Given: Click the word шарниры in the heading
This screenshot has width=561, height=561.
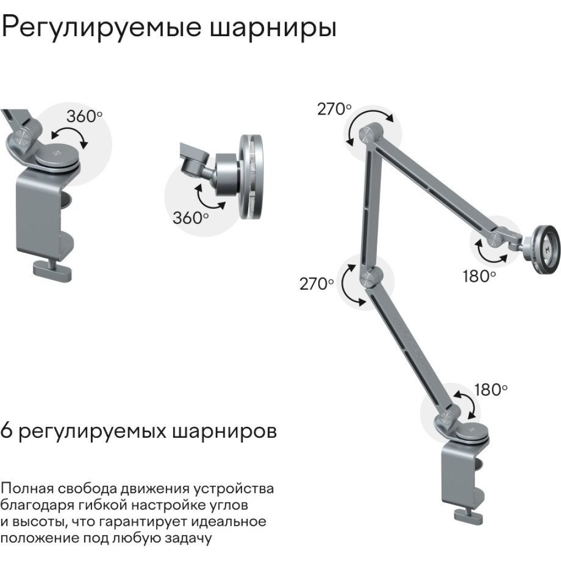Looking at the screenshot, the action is [273, 28].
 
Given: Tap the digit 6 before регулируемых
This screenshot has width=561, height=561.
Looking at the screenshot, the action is [7, 430].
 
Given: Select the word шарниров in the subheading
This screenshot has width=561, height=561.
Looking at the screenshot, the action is [225, 432].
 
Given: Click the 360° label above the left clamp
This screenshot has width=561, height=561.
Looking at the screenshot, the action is [84, 116].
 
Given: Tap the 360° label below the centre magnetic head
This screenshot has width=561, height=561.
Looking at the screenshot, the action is [190, 217].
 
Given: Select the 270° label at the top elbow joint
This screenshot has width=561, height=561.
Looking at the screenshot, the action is [334, 109].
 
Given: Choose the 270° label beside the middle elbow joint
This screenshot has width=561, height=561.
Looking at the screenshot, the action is [316, 284].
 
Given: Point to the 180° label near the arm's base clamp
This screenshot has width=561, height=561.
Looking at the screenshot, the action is [491, 390].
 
